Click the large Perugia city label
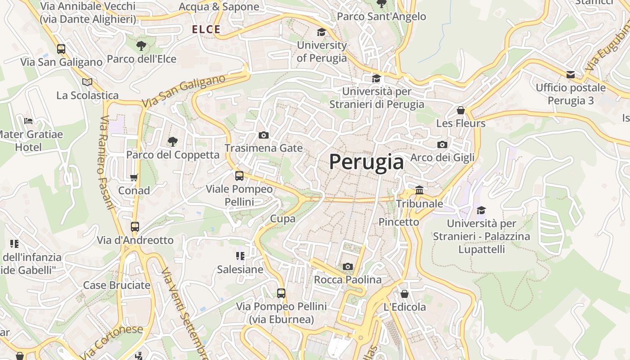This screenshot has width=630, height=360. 366,162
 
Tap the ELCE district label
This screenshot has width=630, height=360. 206,30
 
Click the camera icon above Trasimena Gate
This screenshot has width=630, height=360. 264,135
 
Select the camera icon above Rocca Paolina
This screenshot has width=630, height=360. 347,267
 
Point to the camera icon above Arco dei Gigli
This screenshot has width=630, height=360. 442,144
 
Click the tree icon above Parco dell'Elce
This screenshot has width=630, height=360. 141,45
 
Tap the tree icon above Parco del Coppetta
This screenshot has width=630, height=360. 172,142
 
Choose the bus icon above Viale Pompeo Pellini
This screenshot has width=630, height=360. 239,176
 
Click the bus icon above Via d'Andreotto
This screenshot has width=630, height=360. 135,227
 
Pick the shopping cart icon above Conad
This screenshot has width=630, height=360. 134,177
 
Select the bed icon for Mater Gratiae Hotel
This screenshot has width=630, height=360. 28,121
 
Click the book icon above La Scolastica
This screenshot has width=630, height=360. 87,82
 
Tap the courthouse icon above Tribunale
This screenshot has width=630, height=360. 419,190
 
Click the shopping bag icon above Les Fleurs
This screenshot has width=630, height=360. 461,110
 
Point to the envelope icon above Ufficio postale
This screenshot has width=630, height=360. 571,74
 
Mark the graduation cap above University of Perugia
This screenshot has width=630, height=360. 321,32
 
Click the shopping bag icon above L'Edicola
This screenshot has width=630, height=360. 405,294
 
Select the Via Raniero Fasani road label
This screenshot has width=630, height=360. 106,163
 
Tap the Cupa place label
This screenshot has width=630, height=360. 283,219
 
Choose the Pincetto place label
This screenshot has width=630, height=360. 399,222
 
